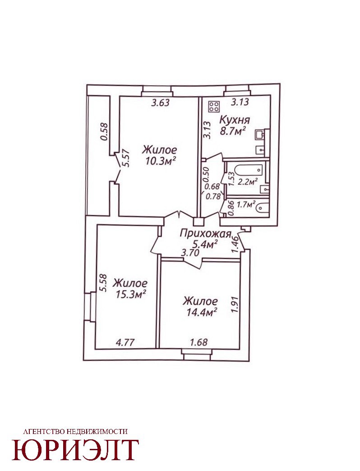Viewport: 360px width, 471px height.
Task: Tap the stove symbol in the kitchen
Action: [214, 106]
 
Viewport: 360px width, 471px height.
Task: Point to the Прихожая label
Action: [206, 234]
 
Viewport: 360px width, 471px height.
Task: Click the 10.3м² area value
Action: [161, 161]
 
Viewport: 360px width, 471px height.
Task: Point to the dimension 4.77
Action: [125, 342]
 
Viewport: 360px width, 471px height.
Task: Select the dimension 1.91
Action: [235, 305]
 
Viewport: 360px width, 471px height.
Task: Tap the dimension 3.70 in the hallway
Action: [190, 253]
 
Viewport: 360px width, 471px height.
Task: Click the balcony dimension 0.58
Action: [104, 131]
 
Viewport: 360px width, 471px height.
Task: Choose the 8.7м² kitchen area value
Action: [233, 131]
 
